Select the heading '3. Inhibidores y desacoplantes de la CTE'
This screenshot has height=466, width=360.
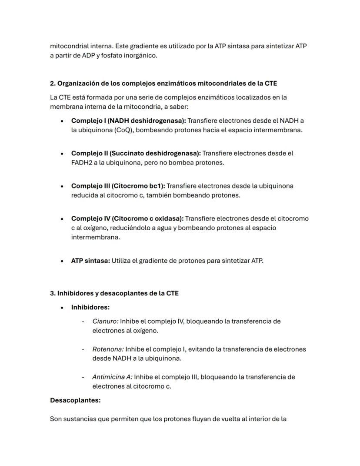coord(114,293)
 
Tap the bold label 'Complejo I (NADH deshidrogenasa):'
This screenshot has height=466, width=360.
coord(128,121)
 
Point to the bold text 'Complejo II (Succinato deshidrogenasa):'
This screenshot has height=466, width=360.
coord(136,153)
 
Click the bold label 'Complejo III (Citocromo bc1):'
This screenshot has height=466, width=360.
coord(118,186)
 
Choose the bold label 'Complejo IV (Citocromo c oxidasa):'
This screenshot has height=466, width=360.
coord(127,218)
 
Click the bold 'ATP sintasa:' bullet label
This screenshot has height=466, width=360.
coord(90,261)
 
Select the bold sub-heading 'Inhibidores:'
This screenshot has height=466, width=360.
coord(90,307)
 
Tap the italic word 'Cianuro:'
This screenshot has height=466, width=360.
coord(105,321)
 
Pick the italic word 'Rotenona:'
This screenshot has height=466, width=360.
coord(108,349)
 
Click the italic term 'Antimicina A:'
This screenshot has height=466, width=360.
coord(112,377)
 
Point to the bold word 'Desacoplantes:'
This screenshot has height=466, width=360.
coord(75,400)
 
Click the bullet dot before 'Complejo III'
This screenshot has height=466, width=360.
coord(63,186)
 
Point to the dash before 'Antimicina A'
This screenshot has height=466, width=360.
coord(83,377)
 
